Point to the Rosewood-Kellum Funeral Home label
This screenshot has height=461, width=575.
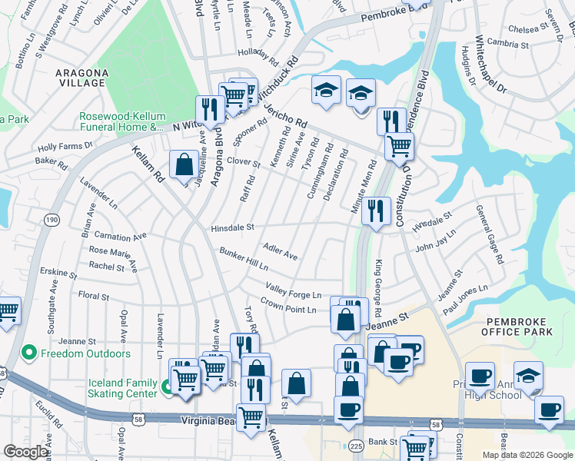coord(122,121)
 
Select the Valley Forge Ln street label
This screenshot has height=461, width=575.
coord(293,290)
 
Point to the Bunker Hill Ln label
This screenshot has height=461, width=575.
coord(244,259)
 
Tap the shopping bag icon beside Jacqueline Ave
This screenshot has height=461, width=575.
coord(184,164)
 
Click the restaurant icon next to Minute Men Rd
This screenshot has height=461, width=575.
coord(375,211)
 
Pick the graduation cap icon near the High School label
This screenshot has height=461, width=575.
coord(528,376)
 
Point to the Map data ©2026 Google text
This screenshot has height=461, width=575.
coord(527,455)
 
